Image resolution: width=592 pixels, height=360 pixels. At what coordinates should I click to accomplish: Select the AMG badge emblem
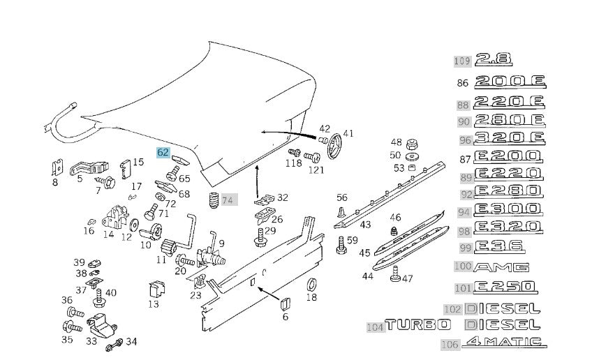[x=501, y=267]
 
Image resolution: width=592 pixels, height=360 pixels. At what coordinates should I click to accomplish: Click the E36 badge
[x=498, y=247]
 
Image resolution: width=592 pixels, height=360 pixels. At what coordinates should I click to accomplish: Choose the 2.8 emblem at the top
[x=492, y=60]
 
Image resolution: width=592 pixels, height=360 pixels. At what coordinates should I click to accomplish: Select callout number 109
[x=462, y=61]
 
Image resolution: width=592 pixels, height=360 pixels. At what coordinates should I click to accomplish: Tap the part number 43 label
[x=365, y=224]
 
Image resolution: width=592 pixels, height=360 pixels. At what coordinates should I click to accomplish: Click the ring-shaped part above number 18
[x=312, y=283]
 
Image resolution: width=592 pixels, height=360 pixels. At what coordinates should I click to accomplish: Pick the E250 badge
[x=505, y=287]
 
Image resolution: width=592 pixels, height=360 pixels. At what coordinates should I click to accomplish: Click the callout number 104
[x=375, y=326]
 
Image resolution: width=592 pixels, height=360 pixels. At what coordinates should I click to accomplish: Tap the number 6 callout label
[x=285, y=317]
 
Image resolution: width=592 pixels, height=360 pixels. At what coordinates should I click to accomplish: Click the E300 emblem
[x=508, y=210]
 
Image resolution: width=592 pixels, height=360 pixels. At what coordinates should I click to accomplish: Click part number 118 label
[x=294, y=163]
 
